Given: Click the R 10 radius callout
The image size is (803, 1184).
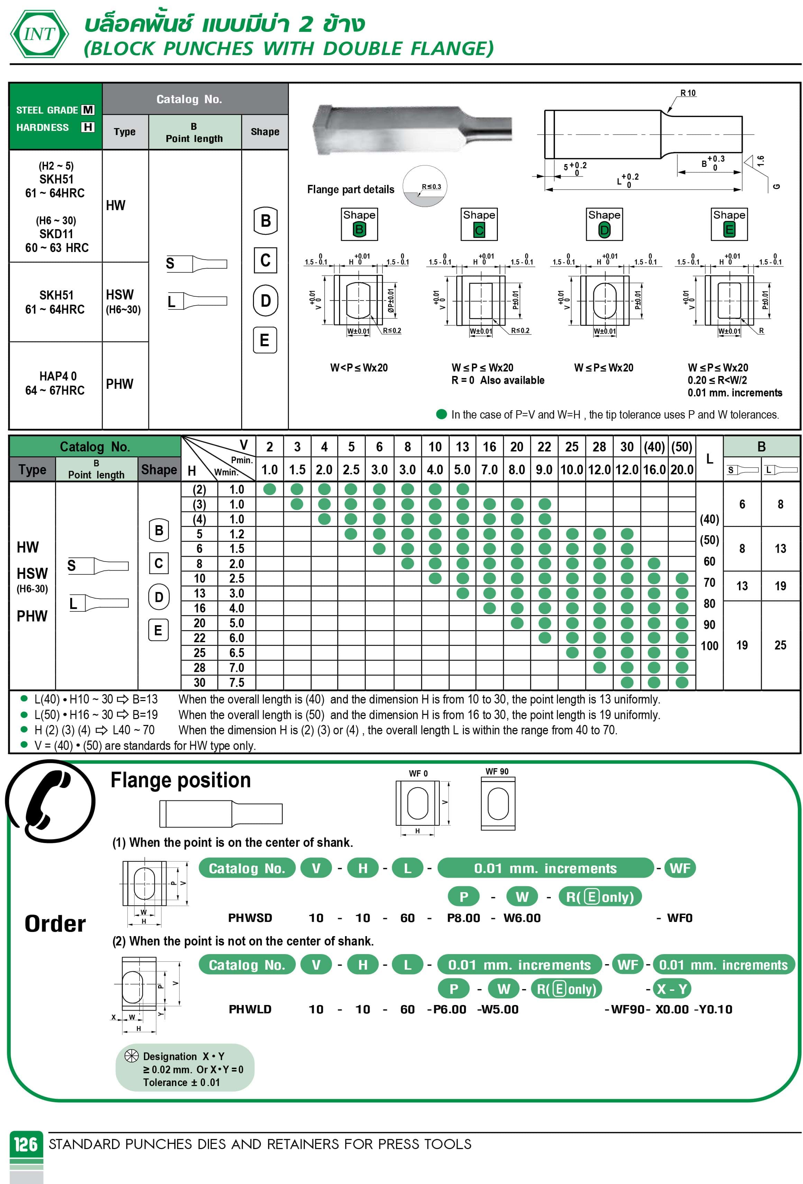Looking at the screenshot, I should pyautogui.click(x=687, y=93).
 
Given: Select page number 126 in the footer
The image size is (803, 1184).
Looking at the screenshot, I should pyautogui.click(x=26, y=1144).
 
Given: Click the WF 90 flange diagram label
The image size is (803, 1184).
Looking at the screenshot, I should pyautogui.click(x=496, y=771).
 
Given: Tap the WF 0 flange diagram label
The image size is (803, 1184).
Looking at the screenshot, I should pyautogui.click(x=418, y=773).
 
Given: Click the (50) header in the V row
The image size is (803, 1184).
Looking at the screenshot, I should pyautogui.click(x=681, y=447).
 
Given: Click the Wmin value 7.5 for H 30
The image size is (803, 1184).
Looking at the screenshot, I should pyautogui.click(x=237, y=682).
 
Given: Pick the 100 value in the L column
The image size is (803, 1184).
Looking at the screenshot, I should pyautogui.click(x=709, y=646).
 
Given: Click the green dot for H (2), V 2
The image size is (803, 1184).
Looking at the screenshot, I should pyautogui.click(x=270, y=489).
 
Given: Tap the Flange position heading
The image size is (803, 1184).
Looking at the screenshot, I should pyautogui.click(x=181, y=780).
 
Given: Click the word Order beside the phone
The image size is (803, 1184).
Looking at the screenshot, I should pyautogui.click(x=55, y=924).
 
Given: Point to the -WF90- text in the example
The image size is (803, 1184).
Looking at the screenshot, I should pyautogui.click(x=627, y=1009).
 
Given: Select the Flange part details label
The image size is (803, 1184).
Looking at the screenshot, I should pyautogui.click(x=350, y=189).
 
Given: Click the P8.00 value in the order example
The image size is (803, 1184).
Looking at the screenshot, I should pyautogui.click(x=463, y=917).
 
